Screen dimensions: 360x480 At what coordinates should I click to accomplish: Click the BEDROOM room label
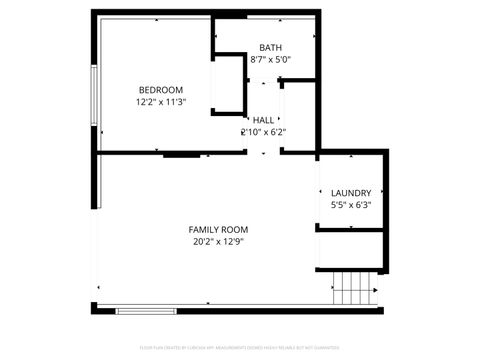(160, 90)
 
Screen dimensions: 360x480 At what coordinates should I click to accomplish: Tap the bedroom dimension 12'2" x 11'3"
(160, 102)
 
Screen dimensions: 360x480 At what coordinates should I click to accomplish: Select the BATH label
(270, 48)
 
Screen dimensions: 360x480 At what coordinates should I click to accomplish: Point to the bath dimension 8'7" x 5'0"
(270, 60)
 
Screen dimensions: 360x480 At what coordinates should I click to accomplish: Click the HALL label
(263, 120)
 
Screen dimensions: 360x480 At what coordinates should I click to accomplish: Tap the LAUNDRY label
(351, 193)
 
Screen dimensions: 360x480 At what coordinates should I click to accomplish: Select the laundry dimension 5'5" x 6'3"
(351, 205)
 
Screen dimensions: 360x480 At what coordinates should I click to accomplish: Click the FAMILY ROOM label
(218, 229)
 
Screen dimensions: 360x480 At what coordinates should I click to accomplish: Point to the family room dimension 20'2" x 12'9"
(218, 241)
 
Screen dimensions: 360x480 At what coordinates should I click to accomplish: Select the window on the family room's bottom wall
(146, 311)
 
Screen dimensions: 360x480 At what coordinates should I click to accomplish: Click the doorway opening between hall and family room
(263, 153)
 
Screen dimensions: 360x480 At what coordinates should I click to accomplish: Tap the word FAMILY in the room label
(205, 229)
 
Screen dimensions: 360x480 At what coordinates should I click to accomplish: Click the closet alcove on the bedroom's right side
(230, 90)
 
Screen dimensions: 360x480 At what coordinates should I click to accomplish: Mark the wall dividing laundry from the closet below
(351, 230)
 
